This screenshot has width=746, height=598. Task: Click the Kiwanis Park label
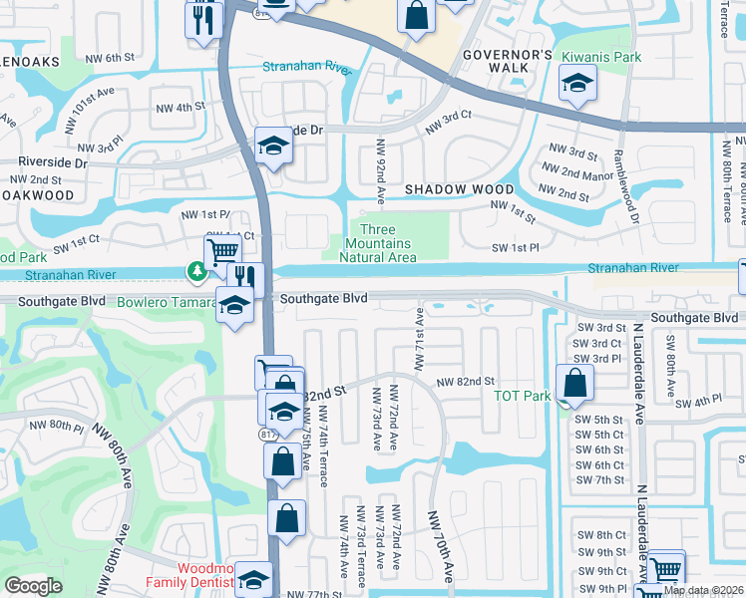600,58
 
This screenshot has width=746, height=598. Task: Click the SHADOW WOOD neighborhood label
459,189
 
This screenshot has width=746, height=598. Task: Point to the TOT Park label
523,396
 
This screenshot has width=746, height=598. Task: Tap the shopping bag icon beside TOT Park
574,383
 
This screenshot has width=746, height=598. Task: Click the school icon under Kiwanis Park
576,88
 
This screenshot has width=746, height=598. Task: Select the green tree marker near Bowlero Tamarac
197,270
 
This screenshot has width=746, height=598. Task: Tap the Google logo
33,586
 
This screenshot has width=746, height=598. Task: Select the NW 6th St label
110,58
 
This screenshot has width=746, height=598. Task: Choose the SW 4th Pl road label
698,402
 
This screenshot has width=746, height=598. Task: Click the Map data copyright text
703,590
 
